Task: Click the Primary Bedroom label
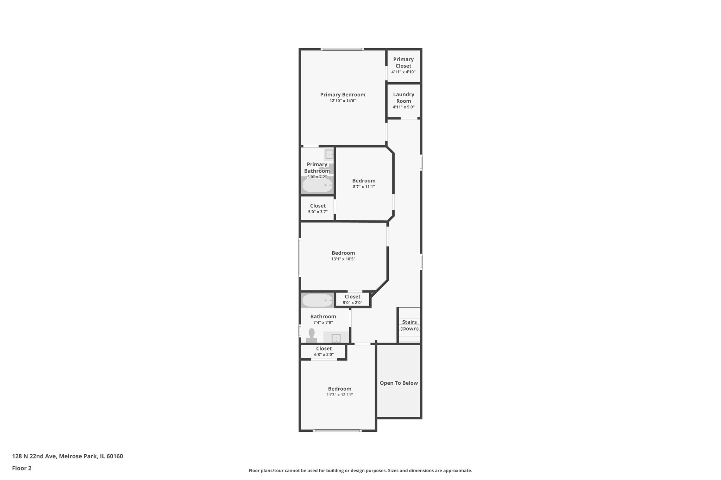click(343, 95)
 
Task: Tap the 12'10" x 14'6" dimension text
click(343, 101)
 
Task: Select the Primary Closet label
click(403, 63)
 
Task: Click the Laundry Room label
click(403, 98)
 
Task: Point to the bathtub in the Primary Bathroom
click(317, 185)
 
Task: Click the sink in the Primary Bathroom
click(329, 154)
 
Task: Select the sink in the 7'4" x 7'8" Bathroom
click(336, 338)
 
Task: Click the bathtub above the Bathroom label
click(317, 301)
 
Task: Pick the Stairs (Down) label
click(409, 325)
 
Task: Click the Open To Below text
click(399, 383)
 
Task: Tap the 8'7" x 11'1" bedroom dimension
click(364, 187)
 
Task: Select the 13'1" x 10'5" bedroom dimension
click(343, 259)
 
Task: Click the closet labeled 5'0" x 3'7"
click(318, 209)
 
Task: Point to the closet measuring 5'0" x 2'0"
click(352, 299)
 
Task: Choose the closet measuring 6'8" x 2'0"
click(324, 351)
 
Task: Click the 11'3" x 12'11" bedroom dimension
click(339, 395)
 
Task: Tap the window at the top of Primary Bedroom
click(342, 49)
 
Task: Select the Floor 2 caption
click(22, 468)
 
